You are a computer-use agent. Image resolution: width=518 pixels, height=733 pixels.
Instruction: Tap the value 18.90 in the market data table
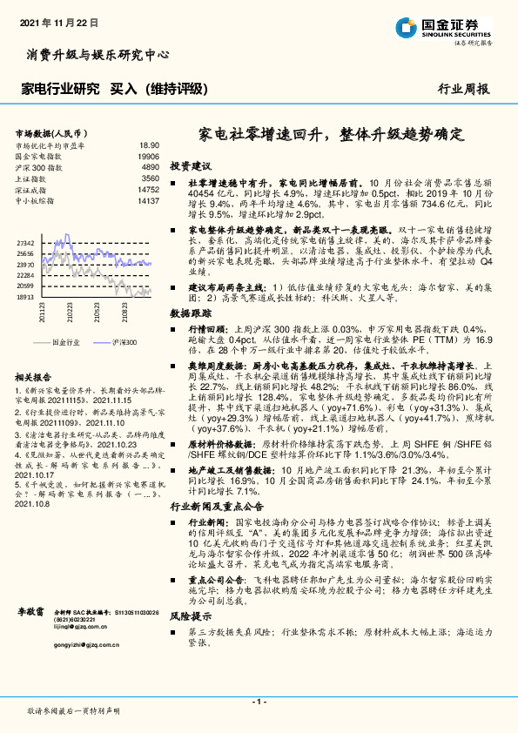(149, 146)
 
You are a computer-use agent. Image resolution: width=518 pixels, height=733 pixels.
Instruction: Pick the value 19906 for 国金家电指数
(148, 156)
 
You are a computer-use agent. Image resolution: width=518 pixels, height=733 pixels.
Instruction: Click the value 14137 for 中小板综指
(148, 198)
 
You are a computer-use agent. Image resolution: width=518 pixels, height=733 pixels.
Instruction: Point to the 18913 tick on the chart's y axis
(25, 296)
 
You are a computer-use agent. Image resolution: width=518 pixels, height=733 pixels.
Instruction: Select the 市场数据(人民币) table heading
(49, 133)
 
